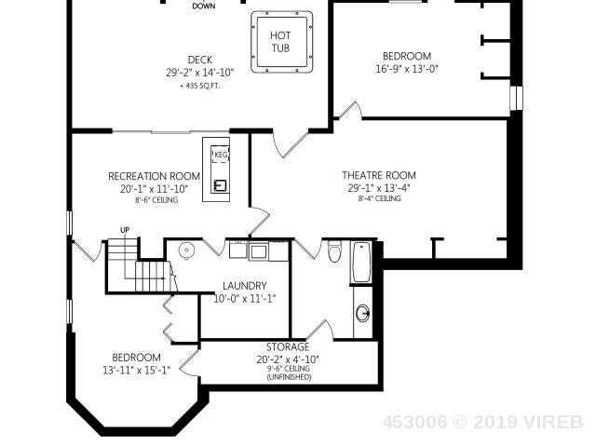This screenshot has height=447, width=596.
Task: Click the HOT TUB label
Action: tap(280, 42)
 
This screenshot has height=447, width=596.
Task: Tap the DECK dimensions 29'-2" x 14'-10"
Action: tap(200, 73)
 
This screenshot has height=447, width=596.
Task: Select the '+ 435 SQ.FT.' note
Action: tap(200, 86)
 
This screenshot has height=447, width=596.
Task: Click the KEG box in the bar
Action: tap(221, 155)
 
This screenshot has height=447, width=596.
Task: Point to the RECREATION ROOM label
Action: tap(154, 176)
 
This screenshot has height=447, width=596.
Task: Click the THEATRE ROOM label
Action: tap(379, 175)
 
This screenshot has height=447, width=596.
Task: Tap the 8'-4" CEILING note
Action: tap(379, 198)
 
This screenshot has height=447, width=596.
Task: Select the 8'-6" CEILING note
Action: tap(156, 200)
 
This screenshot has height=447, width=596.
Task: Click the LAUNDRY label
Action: tap(244, 286)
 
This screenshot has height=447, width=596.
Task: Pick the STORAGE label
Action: tap(288, 347)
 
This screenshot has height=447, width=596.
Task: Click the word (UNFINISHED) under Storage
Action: tap(289, 377)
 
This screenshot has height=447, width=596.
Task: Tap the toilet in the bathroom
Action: tap(335, 251)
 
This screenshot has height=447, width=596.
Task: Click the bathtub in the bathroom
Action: tap(361, 263)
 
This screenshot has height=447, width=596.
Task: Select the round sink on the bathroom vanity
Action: tap(363, 314)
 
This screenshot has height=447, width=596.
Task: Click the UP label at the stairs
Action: tap(125, 230)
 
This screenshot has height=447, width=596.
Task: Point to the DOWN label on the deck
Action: tap(204, 7)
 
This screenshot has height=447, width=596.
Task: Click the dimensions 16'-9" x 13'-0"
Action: tap(407, 69)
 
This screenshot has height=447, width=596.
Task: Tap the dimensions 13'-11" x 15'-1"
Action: tap(137, 370)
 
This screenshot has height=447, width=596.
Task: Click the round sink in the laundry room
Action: tap(186, 251)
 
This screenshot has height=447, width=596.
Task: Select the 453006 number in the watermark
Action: tap(414, 422)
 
